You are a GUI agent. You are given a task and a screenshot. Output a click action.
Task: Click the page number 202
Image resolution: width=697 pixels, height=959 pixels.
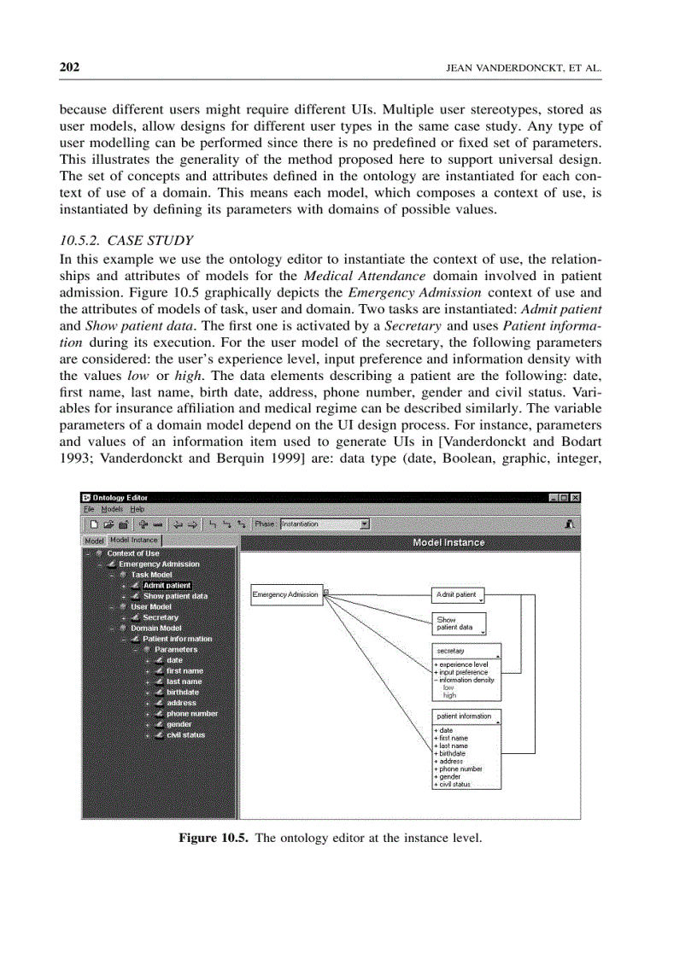[69, 67]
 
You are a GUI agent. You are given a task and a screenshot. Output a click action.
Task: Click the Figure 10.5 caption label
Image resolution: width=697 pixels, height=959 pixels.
[212, 838]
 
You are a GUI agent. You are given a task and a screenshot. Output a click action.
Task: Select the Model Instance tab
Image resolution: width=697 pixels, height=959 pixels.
[134, 541]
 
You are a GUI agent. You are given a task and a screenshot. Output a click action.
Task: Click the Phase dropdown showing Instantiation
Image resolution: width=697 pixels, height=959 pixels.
[325, 524]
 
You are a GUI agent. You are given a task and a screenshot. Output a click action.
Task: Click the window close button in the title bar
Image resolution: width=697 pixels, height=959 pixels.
[575, 498]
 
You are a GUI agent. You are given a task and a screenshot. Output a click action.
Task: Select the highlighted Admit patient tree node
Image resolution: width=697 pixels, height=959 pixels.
[167, 585]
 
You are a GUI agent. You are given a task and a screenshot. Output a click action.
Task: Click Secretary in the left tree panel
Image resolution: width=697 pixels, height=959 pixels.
[160, 617]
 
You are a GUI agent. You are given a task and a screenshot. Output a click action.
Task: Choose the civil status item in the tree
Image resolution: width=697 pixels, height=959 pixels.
[185, 734]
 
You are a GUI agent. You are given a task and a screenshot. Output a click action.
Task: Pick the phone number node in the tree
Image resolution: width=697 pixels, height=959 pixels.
[191, 713]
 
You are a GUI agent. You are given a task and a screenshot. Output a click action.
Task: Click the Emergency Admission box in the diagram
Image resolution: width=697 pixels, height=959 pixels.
[286, 594]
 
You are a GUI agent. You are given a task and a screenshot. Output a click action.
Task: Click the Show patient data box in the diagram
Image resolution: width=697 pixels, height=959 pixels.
[460, 623]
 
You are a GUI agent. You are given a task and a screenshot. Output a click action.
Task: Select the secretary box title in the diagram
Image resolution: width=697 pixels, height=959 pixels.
[451, 651]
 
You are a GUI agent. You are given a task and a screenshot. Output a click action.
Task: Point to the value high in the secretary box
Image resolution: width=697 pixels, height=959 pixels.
[449, 695]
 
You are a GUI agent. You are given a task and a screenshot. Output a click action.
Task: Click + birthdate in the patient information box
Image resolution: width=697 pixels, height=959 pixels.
[451, 754]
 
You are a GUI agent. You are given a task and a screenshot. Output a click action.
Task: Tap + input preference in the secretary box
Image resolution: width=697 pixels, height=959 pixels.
[462, 672]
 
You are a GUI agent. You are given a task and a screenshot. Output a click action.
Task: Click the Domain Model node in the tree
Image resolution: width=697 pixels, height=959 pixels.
[155, 628]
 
